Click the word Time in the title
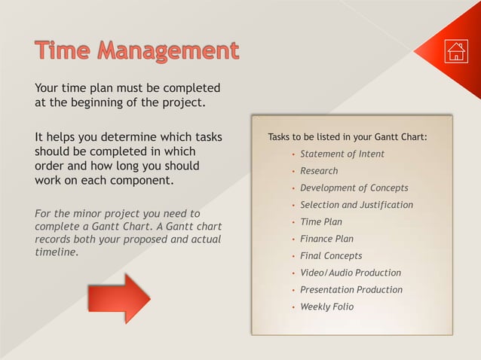64,51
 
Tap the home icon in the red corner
456,51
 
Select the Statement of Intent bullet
342,154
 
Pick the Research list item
319,171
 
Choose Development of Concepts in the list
354,188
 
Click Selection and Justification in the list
357,205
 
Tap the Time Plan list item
321,221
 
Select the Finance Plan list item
326,239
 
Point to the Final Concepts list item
331,256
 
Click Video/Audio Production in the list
351,273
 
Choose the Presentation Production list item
351,290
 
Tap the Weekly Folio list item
326,307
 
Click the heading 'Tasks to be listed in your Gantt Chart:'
348,137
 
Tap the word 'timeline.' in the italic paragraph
57,252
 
